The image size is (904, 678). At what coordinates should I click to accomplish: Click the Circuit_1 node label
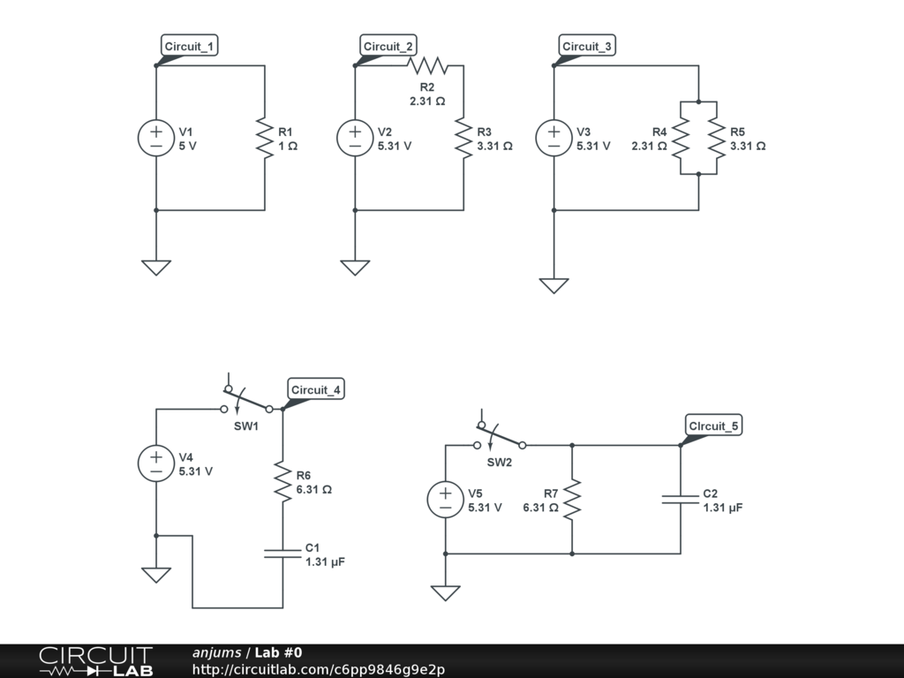[x=189, y=47]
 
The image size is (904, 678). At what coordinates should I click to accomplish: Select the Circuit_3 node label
[x=587, y=47]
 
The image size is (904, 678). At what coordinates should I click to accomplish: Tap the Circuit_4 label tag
[x=316, y=390]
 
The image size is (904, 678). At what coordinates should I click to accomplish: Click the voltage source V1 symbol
[x=156, y=138]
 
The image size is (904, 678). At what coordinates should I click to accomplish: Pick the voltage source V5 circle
[x=446, y=500]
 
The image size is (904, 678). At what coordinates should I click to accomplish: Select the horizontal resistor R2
[x=427, y=65]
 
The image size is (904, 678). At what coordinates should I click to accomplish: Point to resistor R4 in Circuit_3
[x=681, y=138]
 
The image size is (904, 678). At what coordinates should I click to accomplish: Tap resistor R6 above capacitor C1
[x=282, y=482]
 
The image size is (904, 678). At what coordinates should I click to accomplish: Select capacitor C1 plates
[x=282, y=554]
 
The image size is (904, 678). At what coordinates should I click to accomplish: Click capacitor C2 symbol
[x=681, y=500]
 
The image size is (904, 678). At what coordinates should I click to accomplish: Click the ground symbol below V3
[x=554, y=285]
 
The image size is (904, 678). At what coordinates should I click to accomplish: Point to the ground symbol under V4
[x=156, y=574]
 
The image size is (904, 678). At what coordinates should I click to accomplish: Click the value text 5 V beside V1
[x=188, y=147]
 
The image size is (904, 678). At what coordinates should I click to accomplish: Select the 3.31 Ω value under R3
[x=494, y=147]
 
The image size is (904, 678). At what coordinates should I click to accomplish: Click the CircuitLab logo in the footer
[x=95, y=660]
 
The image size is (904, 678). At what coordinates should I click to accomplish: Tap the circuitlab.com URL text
[x=318, y=669]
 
